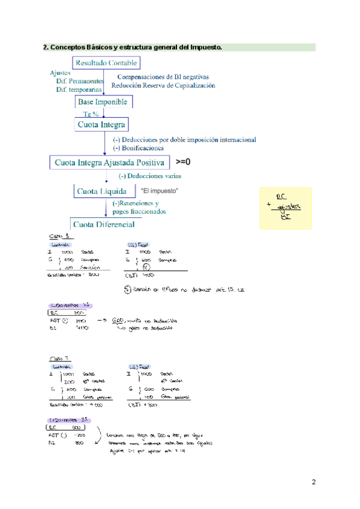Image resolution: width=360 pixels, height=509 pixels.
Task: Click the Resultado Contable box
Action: [x=106, y=62]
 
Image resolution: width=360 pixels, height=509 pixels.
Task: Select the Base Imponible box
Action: [x=102, y=102]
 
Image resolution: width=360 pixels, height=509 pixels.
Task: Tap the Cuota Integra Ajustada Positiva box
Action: [x=109, y=162]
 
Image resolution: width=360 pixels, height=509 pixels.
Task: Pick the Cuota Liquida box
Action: [x=101, y=191]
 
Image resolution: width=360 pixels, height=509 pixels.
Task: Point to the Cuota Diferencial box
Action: [x=103, y=224]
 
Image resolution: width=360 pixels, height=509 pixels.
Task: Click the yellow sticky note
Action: [x=286, y=207]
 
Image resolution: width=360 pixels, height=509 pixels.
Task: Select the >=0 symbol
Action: [x=183, y=162]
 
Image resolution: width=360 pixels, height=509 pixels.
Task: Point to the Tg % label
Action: [x=91, y=114]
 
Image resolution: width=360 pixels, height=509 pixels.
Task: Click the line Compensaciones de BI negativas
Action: [x=163, y=77]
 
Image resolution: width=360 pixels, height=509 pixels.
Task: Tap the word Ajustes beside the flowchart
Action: [x=60, y=73]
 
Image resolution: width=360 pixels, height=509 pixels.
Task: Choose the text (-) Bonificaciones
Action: [x=138, y=148]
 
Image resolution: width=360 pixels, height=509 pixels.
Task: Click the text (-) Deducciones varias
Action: [x=149, y=176]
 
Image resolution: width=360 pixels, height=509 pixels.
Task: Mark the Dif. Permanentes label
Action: [x=80, y=80]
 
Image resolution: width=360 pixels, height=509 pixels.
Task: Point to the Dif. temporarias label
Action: [x=79, y=89]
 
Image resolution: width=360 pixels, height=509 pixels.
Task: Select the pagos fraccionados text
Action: [x=139, y=211]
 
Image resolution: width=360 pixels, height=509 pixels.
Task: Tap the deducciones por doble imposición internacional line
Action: [x=184, y=140]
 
